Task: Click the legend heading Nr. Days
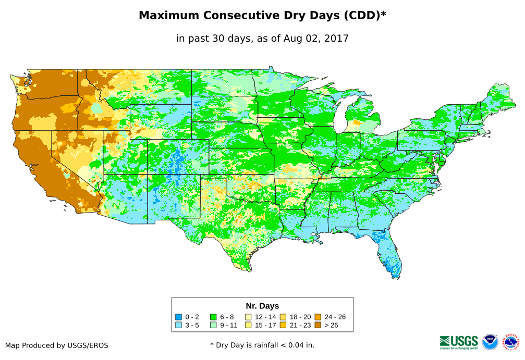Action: point(262,306)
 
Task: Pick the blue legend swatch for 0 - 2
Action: point(178,317)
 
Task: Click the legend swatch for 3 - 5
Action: point(178,326)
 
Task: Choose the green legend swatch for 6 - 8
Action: point(213,317)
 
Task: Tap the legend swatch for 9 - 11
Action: point(213,326)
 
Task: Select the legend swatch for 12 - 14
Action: point(248,317)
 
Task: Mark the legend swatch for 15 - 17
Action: point(248,326)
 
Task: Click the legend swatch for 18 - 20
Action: point(283,317)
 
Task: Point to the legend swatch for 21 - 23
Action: point(283,326)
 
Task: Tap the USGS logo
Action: point(459,342)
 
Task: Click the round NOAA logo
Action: point(490,342)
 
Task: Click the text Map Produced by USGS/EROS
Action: point(57,345)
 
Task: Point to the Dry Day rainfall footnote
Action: point(262,345)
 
